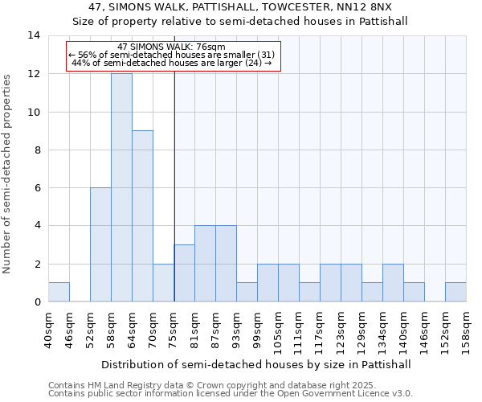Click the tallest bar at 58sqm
click(x=121, y=187)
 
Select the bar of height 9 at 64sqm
click(x=142, y=216)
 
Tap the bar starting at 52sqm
click(x=100, y=244)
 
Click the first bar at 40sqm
click(x=59, y=292)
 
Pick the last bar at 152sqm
click(x=455, y=292)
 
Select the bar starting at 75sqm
click(x=184, y=273)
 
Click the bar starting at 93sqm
click(x=247, y=292)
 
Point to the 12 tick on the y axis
click(x=34, y=74)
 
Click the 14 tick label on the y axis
click(x=34, y=35)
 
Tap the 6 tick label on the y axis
click(x=37, y=188)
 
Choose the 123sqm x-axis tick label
click(x=341, y=330)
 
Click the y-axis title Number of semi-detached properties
click(x=8, y=174)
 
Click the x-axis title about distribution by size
click(x=257, y=364)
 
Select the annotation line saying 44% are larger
click(x=171, y=63)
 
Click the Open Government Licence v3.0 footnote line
click(x=231, y=394)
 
